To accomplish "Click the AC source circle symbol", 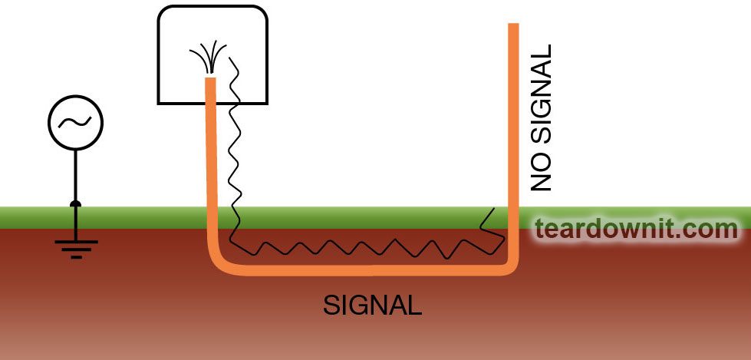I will click(75, 122).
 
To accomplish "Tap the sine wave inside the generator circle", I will click(75, 122).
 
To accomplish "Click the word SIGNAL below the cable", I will click(373, 305).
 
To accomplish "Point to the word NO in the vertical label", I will click(542, 175).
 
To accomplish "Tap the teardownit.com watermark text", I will click(637, 228).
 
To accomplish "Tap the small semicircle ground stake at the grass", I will click(75, 203).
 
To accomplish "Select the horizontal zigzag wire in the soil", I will click(368, 247).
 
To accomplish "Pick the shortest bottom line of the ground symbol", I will click(76, 257).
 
